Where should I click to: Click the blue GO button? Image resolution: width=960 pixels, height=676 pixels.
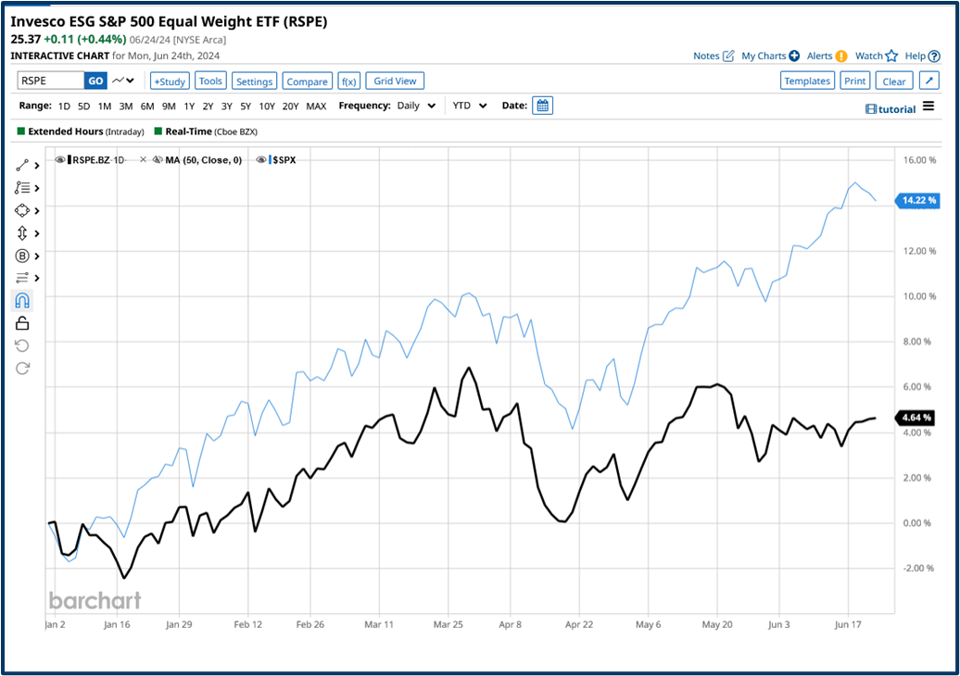click(x=95, y=81)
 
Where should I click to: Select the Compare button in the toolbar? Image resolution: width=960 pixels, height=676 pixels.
click(x=307, y=81)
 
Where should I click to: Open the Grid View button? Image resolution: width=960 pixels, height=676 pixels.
click(x=396, y=81)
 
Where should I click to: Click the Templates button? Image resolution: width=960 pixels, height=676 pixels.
click(x=807, y=81)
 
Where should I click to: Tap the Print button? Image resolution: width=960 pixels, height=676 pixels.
click(x=855, y=81)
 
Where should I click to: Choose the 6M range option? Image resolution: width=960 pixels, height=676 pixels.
click(x=147, y=106)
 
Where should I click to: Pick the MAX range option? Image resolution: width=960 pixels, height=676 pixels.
click(x=316, y=106)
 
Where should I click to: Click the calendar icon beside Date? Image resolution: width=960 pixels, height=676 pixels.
click(x=543, y=106)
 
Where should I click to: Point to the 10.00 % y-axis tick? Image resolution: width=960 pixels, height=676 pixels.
click(x=919, y=296)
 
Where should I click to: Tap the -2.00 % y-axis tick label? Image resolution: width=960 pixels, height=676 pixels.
click(x=919, y=569)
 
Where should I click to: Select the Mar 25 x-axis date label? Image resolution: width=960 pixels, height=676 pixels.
click(x=448, y=625)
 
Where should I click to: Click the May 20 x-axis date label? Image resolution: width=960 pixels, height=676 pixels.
click(x=718, y=625)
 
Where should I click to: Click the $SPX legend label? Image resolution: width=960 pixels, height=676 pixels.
click(x=283, y=160)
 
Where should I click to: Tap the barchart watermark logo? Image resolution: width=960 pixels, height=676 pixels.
click(x=95, y=600)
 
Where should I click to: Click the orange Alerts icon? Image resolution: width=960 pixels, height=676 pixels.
click(x=841, y=56)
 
